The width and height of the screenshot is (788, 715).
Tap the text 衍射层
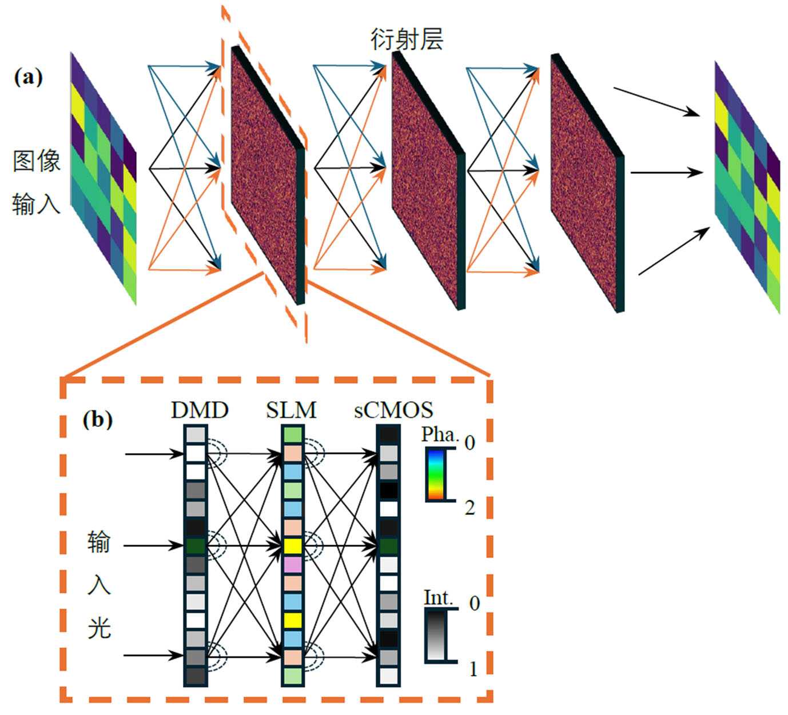[x=407, y=39]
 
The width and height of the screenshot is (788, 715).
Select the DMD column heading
[x=200, y=410]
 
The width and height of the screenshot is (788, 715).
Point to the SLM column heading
[x=291, y=410]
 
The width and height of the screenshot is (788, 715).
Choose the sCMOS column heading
[x=393, y=410]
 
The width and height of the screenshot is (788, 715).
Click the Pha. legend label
[x=440, y=435]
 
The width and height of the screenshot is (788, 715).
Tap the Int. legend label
[x=439, y=598]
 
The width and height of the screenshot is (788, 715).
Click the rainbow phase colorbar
[x=434, y=474]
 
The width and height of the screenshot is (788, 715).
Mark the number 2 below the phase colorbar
[x=470, y=507]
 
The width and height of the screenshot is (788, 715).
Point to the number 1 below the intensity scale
[x=473, y=669]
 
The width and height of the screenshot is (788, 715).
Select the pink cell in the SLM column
[x=292, y=565]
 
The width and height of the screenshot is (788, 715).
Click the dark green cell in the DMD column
[x=196, y=546]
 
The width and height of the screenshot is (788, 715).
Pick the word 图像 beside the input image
[x=37, y=161]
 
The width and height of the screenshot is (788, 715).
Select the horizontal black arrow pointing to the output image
[x=666, y=172]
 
